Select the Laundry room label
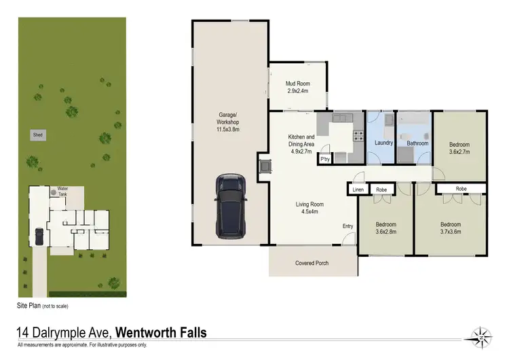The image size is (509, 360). [x=383, y=143]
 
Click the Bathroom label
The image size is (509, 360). [x=417, y=143]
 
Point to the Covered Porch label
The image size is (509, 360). [x=312, y=263]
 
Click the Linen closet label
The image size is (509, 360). [x=358, y=190]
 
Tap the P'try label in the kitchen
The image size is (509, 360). [x=326, y=160]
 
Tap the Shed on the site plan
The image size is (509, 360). [x=37, y=135]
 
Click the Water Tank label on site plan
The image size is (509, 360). [x=63, y=191]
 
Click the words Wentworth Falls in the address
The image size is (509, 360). [x=162, y=333]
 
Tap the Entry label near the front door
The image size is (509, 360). [x=348, y=226]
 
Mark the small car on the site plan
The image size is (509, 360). [x=39, y=236]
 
